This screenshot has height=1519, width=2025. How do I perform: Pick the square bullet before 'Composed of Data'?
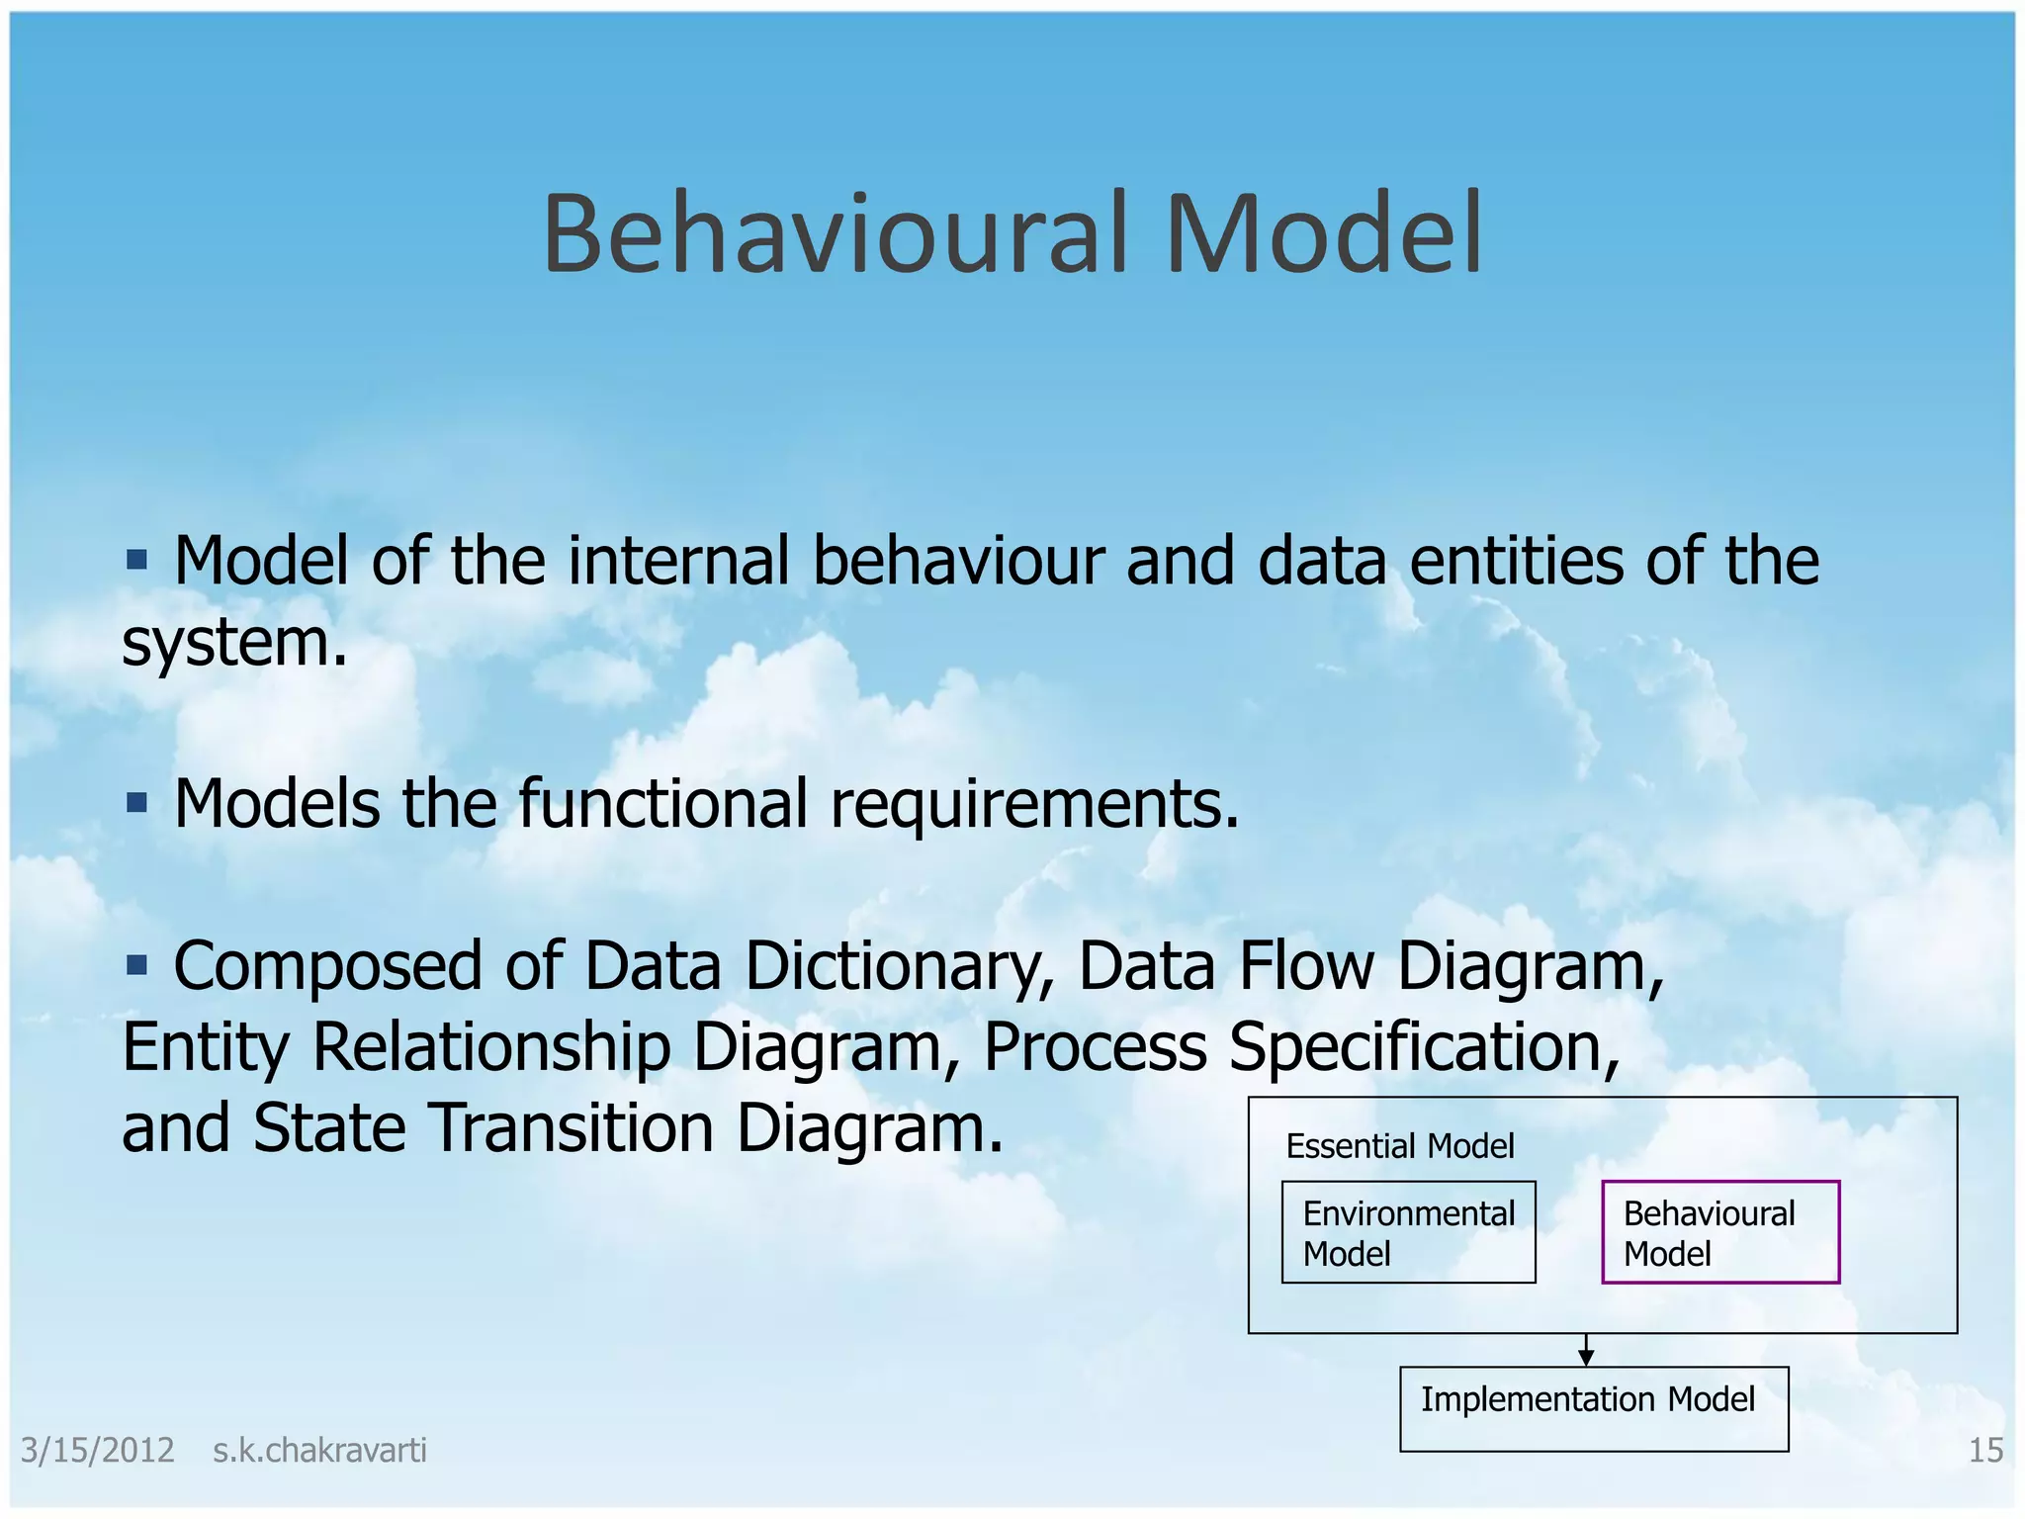tap(136, 963)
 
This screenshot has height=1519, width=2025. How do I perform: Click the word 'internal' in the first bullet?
tap(678, 561)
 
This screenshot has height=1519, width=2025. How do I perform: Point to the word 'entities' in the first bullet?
tap(1515, 561)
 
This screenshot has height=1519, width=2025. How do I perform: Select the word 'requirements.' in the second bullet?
tap(1034, 803)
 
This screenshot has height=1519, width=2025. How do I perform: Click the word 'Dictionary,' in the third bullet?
tap(900, 966)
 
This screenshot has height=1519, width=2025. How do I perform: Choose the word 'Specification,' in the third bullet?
tap(1424, 1047)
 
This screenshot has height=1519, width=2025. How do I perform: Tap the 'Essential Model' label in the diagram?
tap(1399, 1146)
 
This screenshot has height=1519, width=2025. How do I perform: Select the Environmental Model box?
tap(1408, 1232)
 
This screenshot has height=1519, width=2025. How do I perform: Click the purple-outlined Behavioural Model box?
tap(1719, 1232)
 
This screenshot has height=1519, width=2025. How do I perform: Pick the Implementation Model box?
tap(1593, 1408)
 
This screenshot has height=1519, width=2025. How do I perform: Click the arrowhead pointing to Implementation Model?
tap(1586, 1358)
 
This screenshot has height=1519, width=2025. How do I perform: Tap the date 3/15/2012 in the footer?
tap(97, 1451)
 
